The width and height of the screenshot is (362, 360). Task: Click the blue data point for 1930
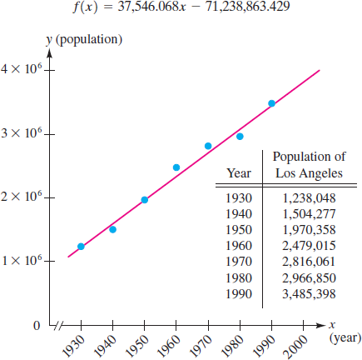point(81,247)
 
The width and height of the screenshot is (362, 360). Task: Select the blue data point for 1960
point(176,167)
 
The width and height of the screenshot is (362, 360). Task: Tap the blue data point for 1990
point(271,103)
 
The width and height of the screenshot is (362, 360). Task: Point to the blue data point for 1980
point(240,137)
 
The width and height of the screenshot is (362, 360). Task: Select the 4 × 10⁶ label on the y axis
point(22,68)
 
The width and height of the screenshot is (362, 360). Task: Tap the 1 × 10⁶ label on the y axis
point(22,260)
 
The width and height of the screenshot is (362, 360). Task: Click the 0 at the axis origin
point(37,326)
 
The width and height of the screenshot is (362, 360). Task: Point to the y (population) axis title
point(84,40)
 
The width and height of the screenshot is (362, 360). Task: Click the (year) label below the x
point(345,338)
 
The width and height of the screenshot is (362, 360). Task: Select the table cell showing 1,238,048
point(309,198)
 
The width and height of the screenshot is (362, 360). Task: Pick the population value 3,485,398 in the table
point(309,294)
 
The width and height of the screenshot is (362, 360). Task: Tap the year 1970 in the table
point(239,262)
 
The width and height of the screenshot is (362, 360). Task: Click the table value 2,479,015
point(309,246)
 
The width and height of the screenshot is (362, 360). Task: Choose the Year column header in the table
point(239,173)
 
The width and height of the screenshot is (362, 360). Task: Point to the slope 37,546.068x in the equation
point(151,7)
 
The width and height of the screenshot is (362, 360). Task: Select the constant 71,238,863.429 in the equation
point(247,7)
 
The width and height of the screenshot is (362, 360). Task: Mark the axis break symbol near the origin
point(59,325)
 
